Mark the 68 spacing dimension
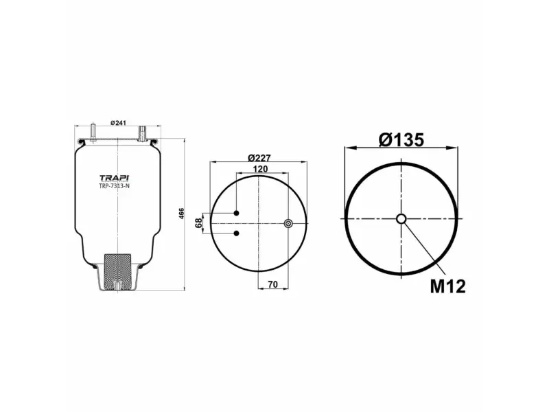coord(198,223)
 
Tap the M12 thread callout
coord(448,286)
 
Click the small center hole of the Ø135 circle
coord(401,219)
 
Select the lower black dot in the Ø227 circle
coord(236,234)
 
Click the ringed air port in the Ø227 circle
coord(288,222)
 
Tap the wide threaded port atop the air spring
coord(143,130)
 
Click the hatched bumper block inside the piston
coord(117,265)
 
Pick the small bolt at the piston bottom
coord(117,288)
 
